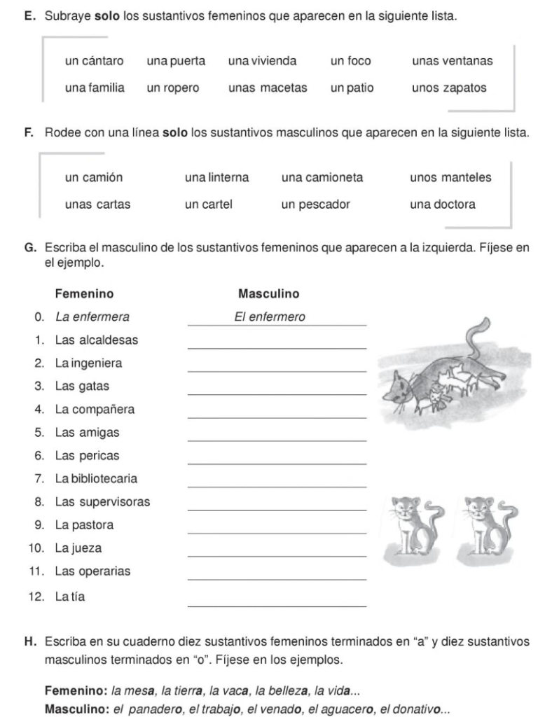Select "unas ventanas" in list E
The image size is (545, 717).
coord(453,61)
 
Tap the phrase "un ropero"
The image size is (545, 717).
coord(173,88)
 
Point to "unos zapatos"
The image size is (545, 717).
coord(449,88)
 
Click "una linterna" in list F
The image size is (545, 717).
coord(216,178)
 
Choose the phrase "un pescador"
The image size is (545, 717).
coord(315,204)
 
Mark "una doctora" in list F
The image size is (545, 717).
coord(443,204)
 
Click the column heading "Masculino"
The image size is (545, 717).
coord(268,293)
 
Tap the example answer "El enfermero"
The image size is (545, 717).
coord(270,316)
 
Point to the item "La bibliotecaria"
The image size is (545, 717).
coord(96,479)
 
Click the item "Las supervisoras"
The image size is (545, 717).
coord(102,502)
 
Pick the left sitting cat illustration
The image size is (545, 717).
coord(414,527)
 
